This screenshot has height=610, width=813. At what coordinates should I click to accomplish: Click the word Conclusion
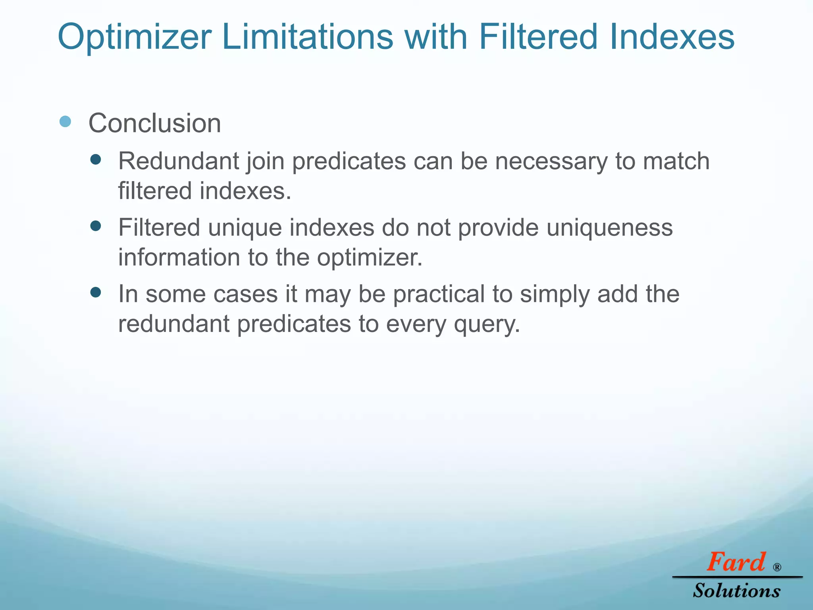(x=155, y=123)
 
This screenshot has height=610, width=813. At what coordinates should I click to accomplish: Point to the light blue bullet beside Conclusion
(x=65, y=122)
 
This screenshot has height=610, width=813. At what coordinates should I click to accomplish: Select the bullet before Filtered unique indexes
(x=96, y=226)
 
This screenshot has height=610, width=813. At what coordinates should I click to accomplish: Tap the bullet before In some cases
(x=96, y=293)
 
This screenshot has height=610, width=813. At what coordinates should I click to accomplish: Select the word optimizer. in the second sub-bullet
(x=370, y=257)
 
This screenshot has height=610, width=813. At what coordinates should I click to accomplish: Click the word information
(x=179, y=257)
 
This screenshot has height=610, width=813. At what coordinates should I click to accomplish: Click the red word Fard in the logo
(x=736, y=562)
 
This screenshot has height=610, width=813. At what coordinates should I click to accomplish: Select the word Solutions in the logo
(x=737, y=591)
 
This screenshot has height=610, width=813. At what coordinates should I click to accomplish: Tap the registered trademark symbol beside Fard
(x=777, y=567)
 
